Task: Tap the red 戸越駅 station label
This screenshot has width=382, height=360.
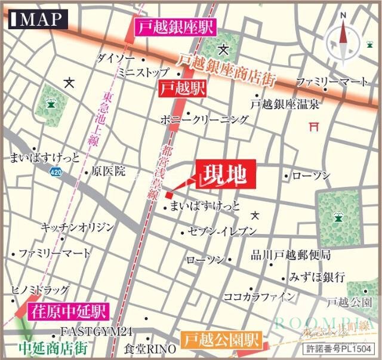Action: [182, 89]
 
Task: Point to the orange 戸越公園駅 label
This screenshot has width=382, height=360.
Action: [221, 341]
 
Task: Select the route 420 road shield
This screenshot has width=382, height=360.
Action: [55, 172]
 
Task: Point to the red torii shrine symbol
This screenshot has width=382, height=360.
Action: [313, 127]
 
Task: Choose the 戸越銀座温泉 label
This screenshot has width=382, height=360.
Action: [285, 104]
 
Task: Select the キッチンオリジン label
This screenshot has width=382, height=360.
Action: [76, 227]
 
